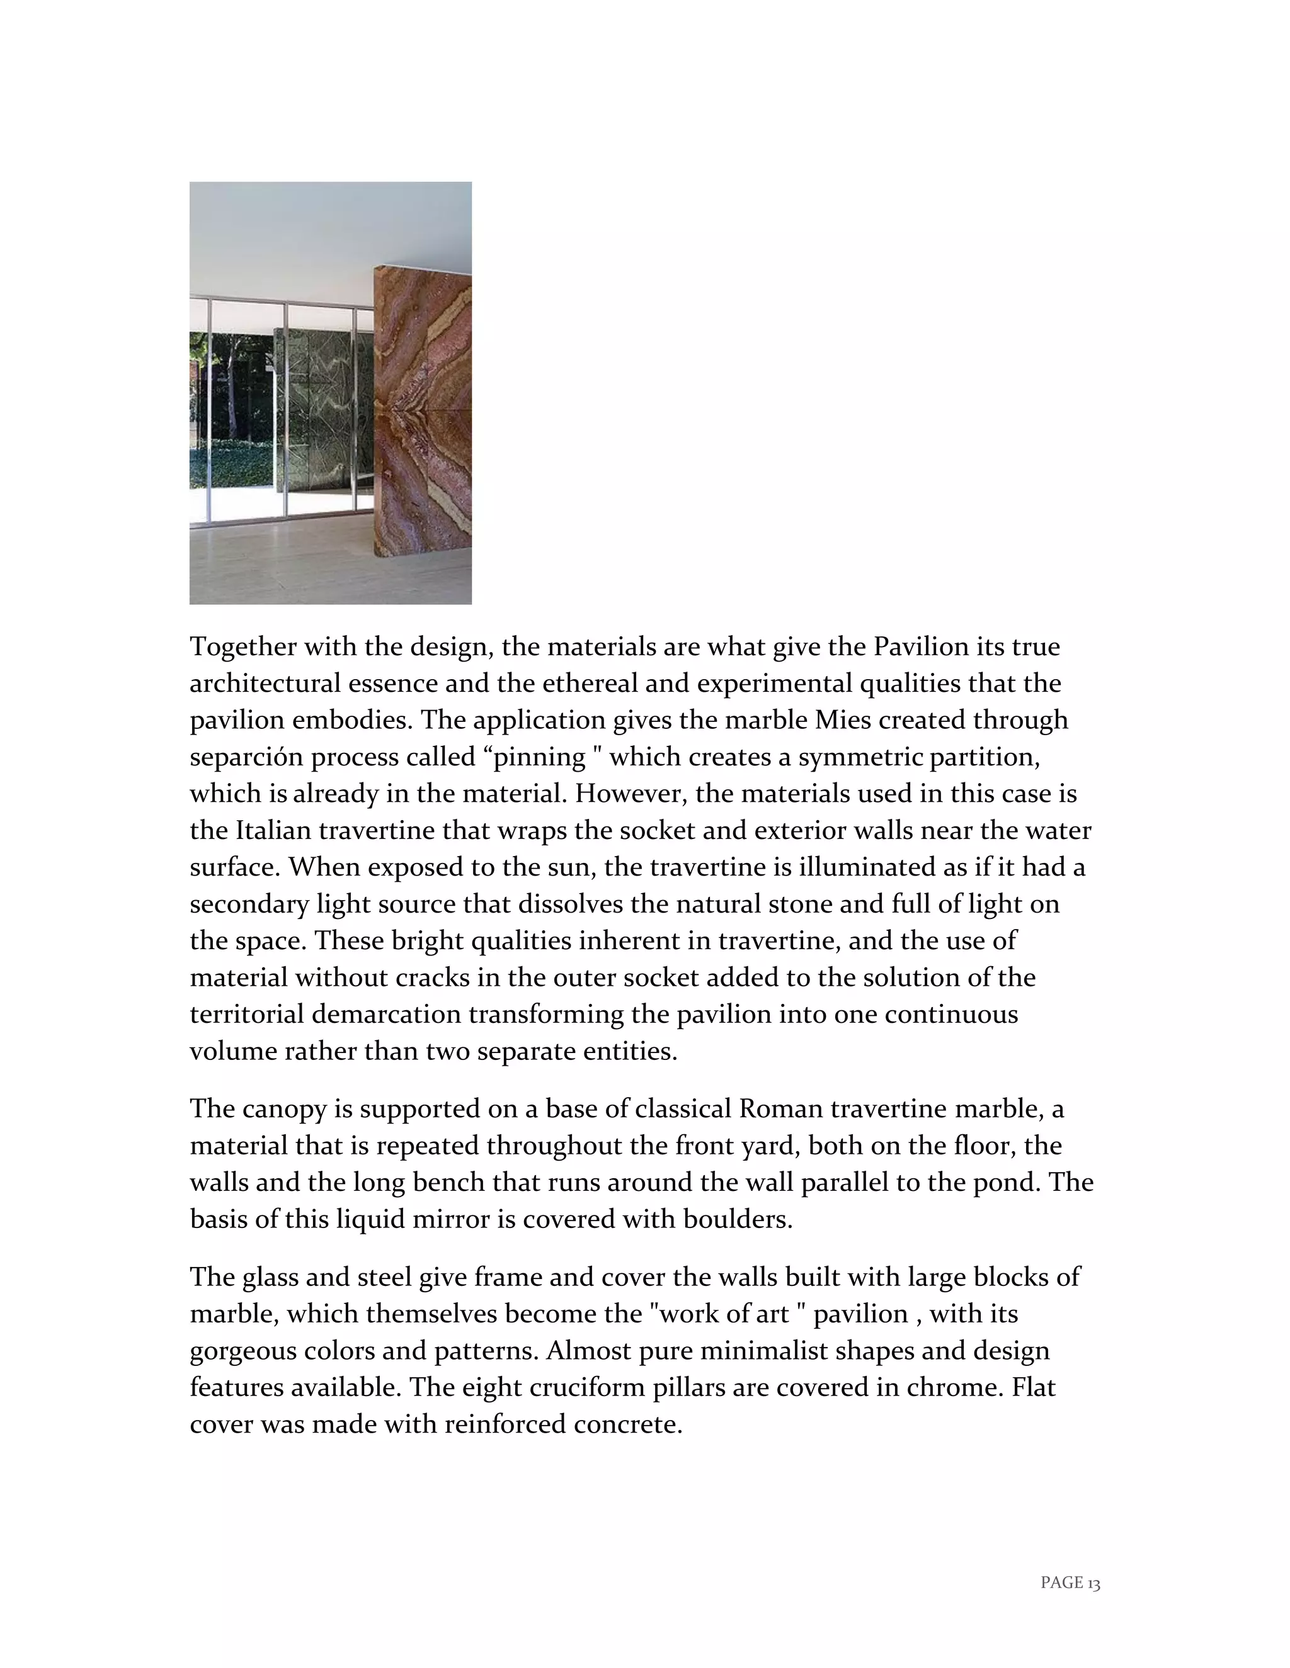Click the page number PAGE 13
pos(1070,1582)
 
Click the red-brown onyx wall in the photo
pos(423,412)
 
